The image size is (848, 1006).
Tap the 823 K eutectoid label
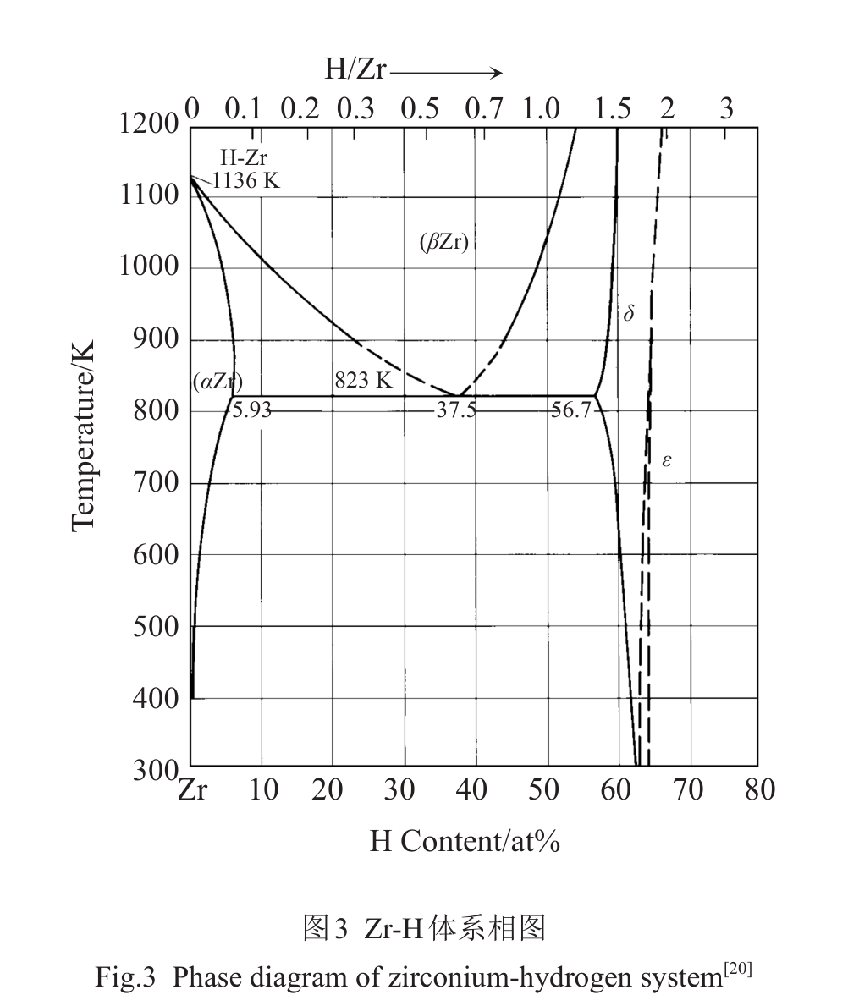[x=363, y=381]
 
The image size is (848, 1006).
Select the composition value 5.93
[x=251, y=411]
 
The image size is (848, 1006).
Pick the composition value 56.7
[x=571, y=411]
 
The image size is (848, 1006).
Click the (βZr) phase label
[x=443, y=244]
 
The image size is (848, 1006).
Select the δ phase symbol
[x=628, y=314]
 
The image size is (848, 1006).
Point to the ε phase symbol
[x=667, y=461]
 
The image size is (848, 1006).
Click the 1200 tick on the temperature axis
[x=149, y=125]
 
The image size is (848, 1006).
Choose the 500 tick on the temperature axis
[x=156, y=628]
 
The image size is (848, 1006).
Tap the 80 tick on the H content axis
[x=759, y=790]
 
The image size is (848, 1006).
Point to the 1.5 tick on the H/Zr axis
[x=613, y=109]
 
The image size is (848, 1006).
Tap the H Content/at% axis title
[x=465, y=841]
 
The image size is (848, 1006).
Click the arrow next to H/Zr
[x=446, y=72]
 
